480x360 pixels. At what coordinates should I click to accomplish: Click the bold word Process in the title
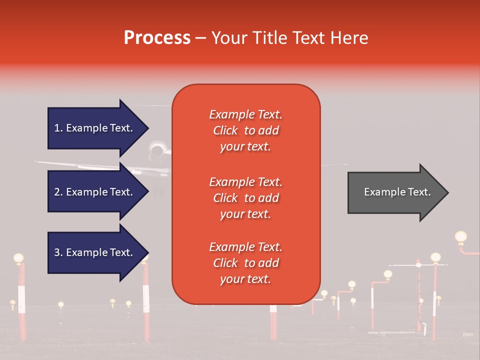point(157,38)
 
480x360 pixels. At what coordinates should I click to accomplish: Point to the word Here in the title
point(350,38)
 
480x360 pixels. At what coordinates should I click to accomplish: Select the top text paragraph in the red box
point(246,130)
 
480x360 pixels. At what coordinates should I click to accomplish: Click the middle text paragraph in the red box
point(246,198)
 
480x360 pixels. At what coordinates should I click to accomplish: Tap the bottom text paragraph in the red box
point(246,263)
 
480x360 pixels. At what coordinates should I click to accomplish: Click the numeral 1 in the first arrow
point(57,128)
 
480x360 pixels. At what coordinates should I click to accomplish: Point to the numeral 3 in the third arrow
point(57,252)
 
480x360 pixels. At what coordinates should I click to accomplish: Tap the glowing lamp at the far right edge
point(460,236)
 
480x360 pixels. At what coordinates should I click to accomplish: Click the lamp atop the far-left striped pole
point(18,258)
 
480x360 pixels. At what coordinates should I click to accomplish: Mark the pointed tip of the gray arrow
point(447,192)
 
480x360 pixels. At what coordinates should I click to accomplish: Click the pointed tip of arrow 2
point(148,192)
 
